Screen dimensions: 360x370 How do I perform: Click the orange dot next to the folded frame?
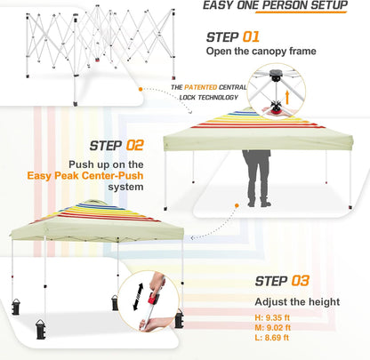pyautogui.click(x=139, y=88)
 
